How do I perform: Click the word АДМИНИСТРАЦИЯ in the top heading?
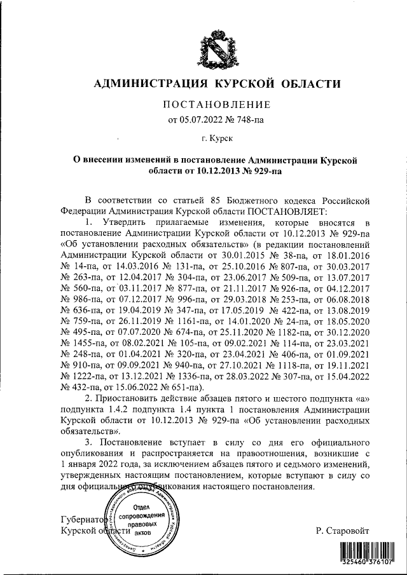147,83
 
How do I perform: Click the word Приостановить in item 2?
130,398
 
